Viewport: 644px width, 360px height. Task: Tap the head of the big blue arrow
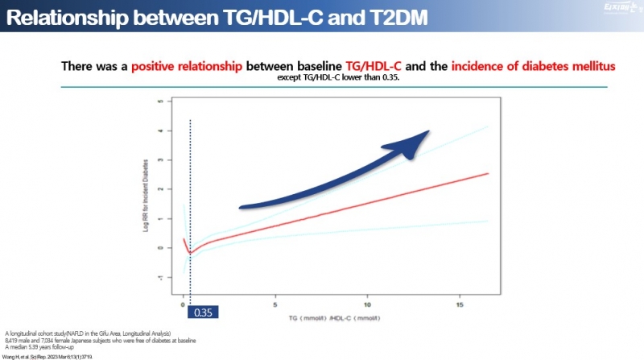coord(419,139)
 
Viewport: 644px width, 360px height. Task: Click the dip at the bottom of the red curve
coord(189,253)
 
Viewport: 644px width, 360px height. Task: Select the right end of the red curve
coord(487,173)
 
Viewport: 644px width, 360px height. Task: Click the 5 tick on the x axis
coord(275,306)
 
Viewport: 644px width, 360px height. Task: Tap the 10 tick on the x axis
coord(367,306)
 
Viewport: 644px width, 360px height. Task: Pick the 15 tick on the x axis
coord(460,306)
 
